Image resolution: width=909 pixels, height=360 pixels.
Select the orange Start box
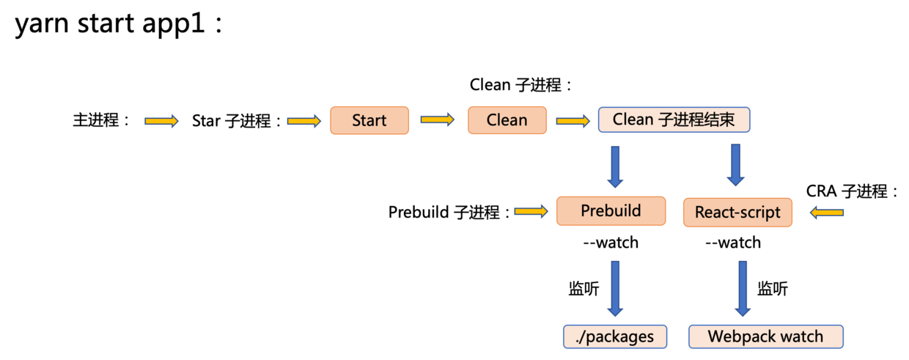pos(369,120)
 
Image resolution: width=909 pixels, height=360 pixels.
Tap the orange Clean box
pos(507,120)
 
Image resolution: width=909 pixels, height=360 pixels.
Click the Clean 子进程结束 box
pos(674,120)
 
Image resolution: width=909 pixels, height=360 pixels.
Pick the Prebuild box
pos(611,211)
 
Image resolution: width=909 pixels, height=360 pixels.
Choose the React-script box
pos(737,213)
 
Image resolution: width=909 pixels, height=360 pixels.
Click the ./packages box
pos(615,337)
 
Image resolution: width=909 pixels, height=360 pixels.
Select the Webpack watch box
pos(765,337)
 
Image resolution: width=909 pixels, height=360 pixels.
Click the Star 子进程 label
pos(237,121)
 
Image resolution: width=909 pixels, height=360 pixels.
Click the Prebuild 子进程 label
pos(449,213)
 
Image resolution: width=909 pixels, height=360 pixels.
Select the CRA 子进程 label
pos(853,192)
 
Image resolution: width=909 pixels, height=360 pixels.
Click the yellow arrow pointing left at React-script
pos(827,213)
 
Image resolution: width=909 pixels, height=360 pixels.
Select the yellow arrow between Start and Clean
pos(438,120)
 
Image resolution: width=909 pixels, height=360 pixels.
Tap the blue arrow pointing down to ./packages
pos(614,289)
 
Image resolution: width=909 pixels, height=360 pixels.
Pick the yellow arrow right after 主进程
pos(161,121)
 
